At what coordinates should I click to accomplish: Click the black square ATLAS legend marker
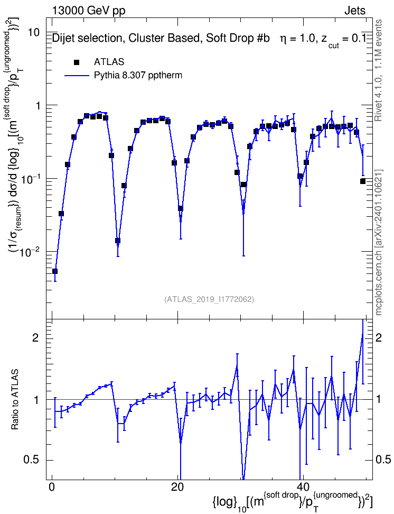77,62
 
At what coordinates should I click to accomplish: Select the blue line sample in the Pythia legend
77,76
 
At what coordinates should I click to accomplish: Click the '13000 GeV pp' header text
88,11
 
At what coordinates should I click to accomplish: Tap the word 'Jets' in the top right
355,11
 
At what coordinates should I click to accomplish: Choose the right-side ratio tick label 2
379,338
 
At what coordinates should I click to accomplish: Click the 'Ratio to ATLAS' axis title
15,400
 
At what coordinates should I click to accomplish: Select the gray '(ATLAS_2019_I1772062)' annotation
209,299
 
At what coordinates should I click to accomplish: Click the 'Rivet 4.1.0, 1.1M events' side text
378,70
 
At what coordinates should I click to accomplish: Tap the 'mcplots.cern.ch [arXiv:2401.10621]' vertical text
378,242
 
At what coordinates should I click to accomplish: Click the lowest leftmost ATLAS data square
55,271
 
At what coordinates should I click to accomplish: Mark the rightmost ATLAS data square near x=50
362,181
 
